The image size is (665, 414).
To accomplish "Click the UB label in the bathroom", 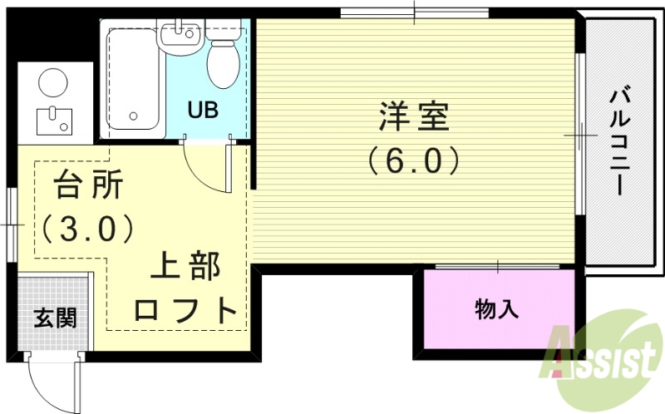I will coord(203,110).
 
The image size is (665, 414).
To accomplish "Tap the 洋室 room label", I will coord(414,117).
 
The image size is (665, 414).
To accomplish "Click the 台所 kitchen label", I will coord(88,185).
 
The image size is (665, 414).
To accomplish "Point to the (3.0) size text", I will coord(86,227).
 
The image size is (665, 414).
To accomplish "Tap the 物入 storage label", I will coord(497,310).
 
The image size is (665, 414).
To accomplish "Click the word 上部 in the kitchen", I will coord(185,269).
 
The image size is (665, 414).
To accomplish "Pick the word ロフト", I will coord(186,310).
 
